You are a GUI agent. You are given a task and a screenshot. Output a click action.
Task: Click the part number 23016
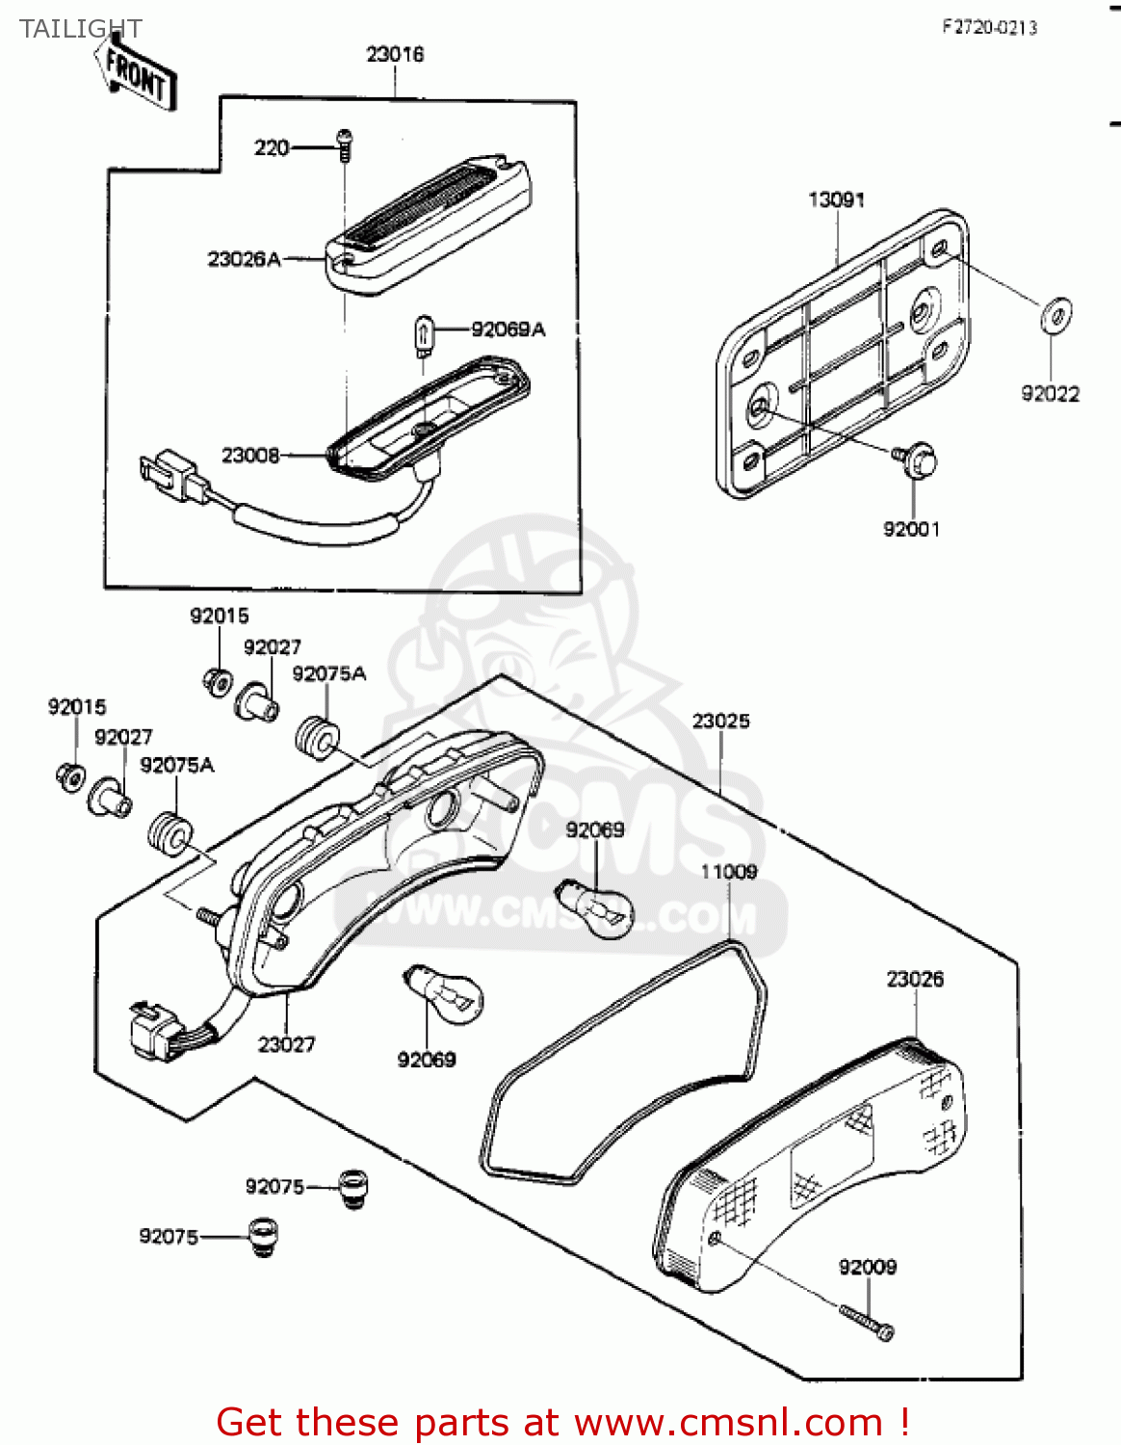point(395,55)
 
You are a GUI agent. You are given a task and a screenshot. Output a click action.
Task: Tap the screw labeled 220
point(346,144)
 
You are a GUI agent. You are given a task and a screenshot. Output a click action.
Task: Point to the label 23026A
point(244,259)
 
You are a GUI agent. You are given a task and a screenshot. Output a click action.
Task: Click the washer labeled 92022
point(1056,314)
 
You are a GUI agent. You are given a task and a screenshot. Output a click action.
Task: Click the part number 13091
point(836,199)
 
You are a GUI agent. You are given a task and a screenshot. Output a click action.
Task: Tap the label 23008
point(250,455)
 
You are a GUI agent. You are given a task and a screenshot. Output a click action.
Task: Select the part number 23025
point(720,721)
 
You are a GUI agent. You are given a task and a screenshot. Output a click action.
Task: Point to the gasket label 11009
point(728,872)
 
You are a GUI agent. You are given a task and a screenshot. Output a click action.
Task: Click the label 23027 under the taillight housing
point(286,1044)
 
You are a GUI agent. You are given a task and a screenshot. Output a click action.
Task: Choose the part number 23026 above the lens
point(915,979)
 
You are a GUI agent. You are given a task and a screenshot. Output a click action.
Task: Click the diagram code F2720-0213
point(989,28)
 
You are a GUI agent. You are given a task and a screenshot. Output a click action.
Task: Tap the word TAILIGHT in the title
point(81,29)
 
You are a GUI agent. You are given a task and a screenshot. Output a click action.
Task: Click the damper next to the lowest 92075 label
point(262,1236)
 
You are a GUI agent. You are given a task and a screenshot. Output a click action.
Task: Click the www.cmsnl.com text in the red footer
point(728,1423)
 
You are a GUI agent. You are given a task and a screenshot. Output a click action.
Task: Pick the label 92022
point(1050,393)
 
